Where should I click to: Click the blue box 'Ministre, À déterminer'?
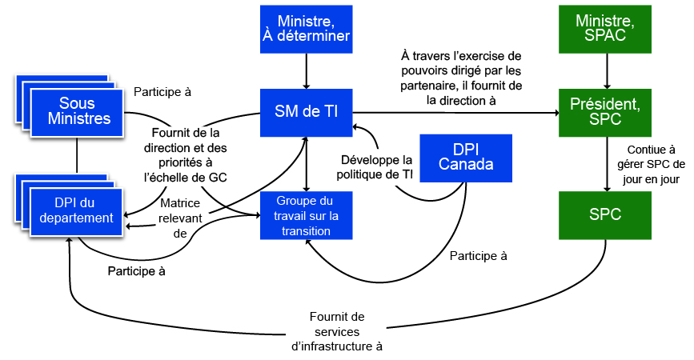[306, 30]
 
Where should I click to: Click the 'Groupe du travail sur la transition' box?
[306, 216]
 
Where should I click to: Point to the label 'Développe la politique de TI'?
[376, 165]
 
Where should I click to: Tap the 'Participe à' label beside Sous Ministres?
[162, 91]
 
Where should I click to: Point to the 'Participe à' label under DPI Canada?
[479, 256]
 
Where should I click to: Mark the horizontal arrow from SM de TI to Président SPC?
[456, 113]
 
